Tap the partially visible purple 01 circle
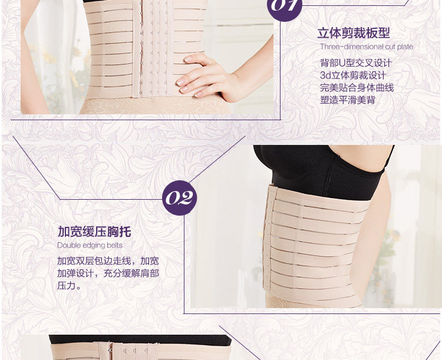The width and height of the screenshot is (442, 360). point(285,7)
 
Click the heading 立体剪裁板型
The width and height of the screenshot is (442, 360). point(354,33)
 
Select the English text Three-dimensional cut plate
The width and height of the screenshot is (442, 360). point(366,47)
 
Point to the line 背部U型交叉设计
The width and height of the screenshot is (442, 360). point(356,63)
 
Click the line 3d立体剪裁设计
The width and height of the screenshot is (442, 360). point(352,75)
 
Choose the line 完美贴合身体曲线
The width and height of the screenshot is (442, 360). point(357,88)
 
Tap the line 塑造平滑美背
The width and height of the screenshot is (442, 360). point(348,100)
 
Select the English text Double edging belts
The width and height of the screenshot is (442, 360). point(90,245)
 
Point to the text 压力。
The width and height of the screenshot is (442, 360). point(70,286)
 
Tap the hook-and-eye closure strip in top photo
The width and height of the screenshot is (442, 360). point(154,47)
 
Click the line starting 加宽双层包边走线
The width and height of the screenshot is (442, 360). point(108,260)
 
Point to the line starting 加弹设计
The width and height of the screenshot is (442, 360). point(108,273)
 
